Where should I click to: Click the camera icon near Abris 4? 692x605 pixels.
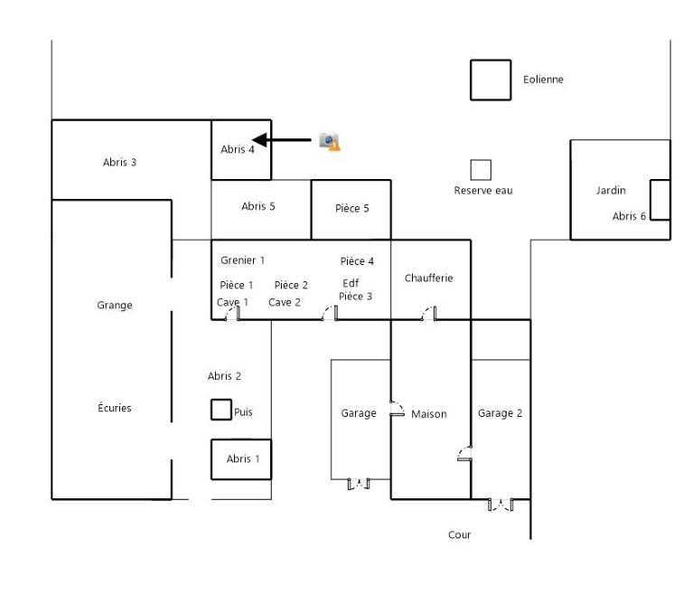tap(330, 141)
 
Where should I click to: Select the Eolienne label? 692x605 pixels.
tap(543, 80)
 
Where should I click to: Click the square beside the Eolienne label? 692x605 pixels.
tap(491, 80)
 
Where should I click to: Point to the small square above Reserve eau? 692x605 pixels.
tap(481, 169)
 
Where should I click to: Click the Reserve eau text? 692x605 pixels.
tap(482, 191)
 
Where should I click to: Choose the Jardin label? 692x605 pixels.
tap(611, 191)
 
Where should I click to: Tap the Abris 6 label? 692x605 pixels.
tap(629, 216)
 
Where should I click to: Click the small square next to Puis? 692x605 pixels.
tap(220, 410)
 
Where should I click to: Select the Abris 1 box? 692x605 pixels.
tap(241, 458)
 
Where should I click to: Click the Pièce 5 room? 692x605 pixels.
tap(351, 209)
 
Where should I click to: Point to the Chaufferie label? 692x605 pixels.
tap(429, 279)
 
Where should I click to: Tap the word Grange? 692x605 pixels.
tap(115, 306)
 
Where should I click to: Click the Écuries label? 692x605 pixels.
tap(115, 409)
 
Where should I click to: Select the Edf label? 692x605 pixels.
tap(351, 283)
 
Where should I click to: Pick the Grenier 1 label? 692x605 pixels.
tap(242, 260)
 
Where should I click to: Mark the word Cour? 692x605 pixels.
tap(460, 535)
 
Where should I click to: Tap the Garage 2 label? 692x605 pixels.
tap(500, 413)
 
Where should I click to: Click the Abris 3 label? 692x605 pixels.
tap(120, 164)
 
